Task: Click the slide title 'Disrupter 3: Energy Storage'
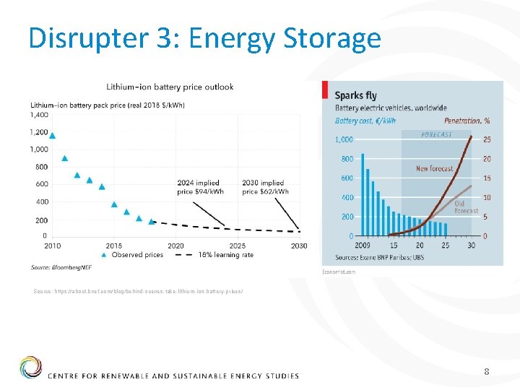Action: point(204,38)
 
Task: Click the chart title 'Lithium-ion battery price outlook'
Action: point(170,87)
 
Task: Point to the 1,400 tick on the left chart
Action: point(39,115)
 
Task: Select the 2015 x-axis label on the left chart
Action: point(113,246)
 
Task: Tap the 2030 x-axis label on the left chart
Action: point(298,246)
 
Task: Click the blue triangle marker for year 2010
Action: point(52,135)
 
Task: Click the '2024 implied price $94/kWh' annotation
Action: point(200,187)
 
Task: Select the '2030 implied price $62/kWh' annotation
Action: point(265,187)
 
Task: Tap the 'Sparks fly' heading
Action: point(355,95)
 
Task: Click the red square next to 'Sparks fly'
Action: point(326,92)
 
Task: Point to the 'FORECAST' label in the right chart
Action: point(436,134)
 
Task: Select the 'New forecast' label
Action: point(435,169)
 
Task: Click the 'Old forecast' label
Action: point(466,207)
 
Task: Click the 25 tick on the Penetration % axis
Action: point(487,139)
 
